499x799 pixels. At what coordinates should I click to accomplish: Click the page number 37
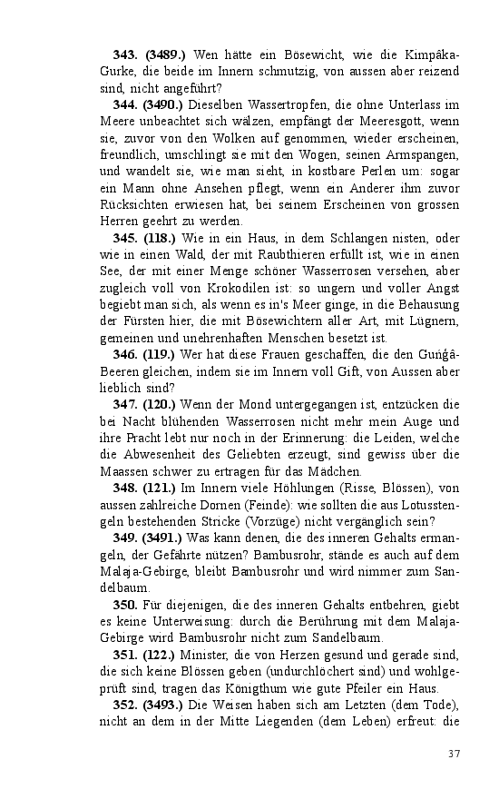coord(455,754)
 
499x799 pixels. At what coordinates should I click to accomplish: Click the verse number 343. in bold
coord(126,56)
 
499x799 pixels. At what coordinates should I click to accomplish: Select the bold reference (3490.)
coord(162,105)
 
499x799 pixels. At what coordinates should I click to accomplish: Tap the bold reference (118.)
coord(159,238)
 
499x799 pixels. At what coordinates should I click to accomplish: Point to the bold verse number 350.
coord(126,605)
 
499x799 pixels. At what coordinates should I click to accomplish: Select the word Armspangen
coord(424,154)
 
